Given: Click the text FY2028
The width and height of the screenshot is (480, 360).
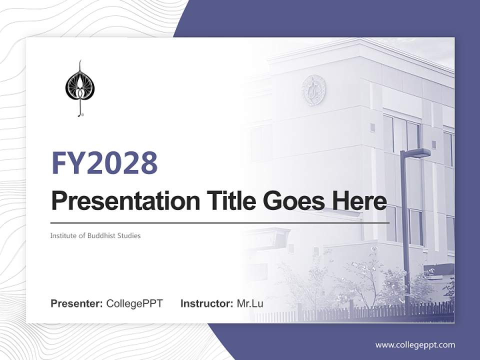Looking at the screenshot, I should pyautogui.click(x=105, y=162).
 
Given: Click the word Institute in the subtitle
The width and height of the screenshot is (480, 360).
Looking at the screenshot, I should pyautogui.click(x=62, y=235).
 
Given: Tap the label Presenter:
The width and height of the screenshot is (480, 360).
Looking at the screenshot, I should pyautogui.click(x=77, y=303).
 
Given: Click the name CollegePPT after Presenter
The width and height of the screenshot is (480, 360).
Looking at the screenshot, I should pyautogui.click(x=134, y=303).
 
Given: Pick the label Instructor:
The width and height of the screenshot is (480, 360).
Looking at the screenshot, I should pyautogui.click(x=206, y=303).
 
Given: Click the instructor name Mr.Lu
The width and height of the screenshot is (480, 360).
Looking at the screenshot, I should pyautogui.click(x=250, y=303).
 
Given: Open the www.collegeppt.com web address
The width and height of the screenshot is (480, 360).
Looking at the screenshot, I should pyautogui.click(x=415, y=344).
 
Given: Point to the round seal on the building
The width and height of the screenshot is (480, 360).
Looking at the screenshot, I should pyautogui.click(x=314, y=90).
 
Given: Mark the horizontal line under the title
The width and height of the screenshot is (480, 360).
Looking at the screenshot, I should pyautogui.click(x=220, y=222).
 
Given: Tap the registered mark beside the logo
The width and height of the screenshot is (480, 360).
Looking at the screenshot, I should pyautogui.click(x=82, y=115).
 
